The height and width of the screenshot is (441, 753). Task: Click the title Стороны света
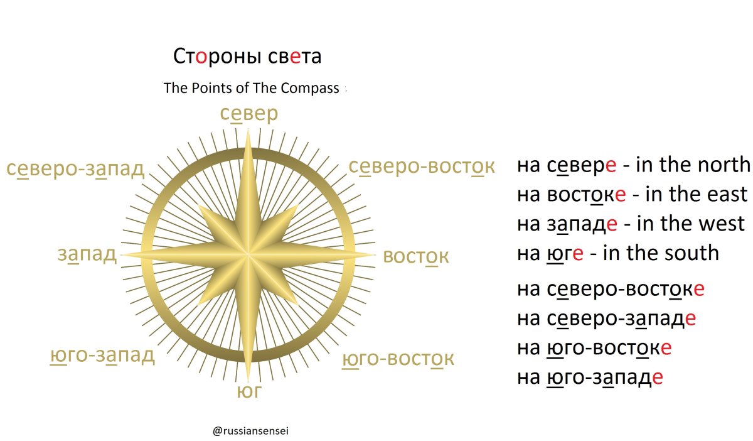point(247,57)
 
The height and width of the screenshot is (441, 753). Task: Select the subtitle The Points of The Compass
point(251,88)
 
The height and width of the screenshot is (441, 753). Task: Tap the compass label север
point(249,114)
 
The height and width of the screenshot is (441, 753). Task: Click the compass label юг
point(248,393)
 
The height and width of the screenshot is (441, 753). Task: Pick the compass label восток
point(416,257)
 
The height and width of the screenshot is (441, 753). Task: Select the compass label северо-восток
point(422,166)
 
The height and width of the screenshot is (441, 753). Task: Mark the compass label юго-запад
point(102,356)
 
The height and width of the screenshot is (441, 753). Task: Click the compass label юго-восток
point(398,359)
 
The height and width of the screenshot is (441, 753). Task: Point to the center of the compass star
point(249,255)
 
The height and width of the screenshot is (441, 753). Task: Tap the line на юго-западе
point(590,378)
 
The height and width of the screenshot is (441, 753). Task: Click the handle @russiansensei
point(250,432)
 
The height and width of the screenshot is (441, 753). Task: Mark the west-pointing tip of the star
point(123,254)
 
